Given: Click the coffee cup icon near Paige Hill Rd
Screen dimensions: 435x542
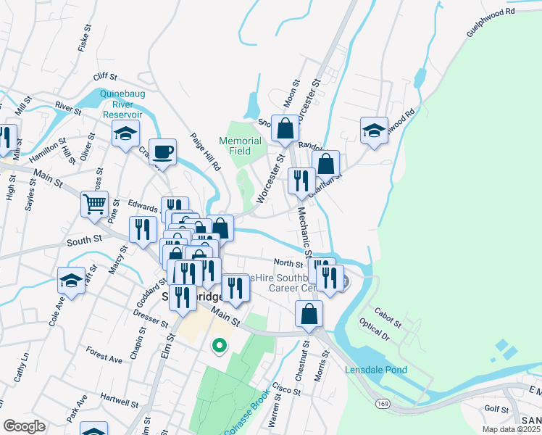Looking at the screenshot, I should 163,152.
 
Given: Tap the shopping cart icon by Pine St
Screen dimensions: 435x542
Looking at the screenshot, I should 95,205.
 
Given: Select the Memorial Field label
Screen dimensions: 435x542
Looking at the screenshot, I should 240,146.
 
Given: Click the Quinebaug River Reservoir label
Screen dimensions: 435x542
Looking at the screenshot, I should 122,104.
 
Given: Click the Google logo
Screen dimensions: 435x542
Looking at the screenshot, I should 24,426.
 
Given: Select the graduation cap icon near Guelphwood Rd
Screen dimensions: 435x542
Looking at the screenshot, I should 374,130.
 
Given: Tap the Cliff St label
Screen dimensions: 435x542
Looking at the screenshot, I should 105,77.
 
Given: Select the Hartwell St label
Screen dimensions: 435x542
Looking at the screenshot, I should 120,402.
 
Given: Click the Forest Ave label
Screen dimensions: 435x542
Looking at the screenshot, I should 104,357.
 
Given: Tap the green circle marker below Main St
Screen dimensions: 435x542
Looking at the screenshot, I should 218,346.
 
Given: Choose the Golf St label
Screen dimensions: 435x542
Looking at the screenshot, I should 498,410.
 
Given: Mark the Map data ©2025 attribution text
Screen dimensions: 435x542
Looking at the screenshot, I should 512,429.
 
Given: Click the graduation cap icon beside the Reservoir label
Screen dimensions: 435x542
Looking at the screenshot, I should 125,133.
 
